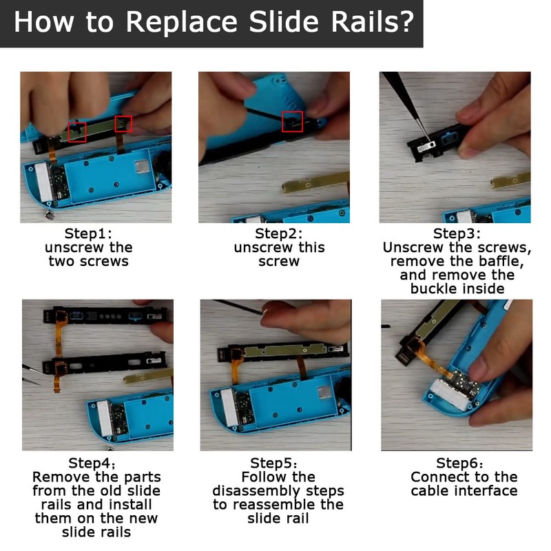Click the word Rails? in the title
[x=373, y=22]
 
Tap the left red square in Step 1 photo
[x=77, y=132]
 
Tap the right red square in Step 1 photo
[x=123, y=124]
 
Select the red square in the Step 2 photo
[x=292, y=122]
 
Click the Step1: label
[x=88, y=233]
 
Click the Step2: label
[x=279, y=233]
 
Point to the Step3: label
[x=457, y=233]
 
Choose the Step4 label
[x=92, y=463]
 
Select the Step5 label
[x=273, y=463]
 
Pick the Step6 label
[x=459, y=463]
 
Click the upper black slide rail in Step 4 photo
[x=105, y=315]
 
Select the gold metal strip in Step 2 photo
[x=316, y=183]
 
